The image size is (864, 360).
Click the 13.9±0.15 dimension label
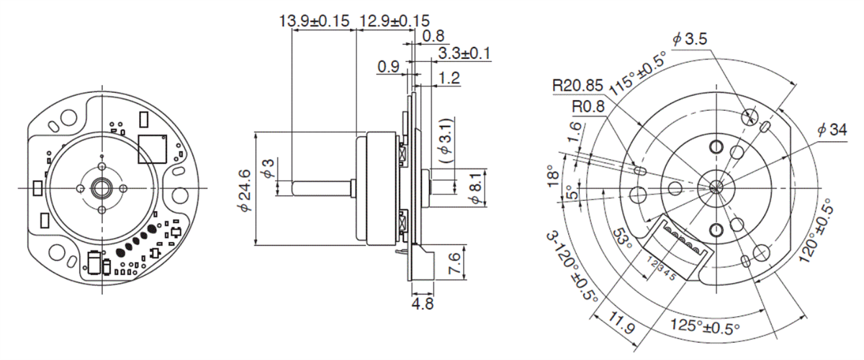click(315, 21)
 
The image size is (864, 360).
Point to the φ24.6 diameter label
click(246, 189)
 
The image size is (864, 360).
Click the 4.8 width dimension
click(423, 303)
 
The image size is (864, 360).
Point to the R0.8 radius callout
click(588, 106)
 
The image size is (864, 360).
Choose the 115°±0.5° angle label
click(638, 74)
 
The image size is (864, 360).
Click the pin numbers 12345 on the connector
click(663, 268)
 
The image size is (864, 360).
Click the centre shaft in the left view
click(101, 188)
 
